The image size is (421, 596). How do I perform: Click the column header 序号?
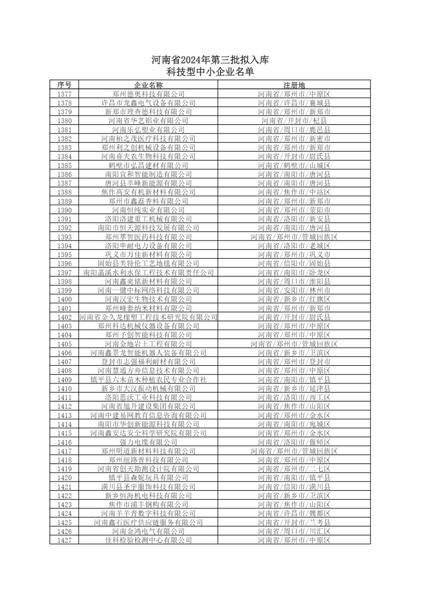[x=64, y=85]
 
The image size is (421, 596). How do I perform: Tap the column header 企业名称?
[x=148, y=85]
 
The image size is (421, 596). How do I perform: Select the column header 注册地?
[x=294, y=85]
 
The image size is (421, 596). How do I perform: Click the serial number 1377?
[x=64, y=94]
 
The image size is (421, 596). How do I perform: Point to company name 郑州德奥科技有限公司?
[x=148, y=94]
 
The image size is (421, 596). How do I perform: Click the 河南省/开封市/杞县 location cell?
[x=294, y=121]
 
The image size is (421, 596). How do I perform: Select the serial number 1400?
[x=64, y=299]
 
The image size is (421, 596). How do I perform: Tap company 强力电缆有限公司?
[x=148, y=442]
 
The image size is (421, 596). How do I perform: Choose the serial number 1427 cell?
[x=64, y=540]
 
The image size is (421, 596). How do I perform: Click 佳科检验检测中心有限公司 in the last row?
[x=148, y=540]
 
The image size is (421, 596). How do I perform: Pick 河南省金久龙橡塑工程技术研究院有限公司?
[x=148, y=317]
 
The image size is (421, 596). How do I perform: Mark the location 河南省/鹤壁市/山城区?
[x=294, y=165]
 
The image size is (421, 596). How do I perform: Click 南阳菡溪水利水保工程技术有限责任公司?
[x=148, y=273]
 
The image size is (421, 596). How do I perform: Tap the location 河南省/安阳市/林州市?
[x=294, y=290]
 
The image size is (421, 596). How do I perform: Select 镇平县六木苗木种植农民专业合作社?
[x=148, y=380]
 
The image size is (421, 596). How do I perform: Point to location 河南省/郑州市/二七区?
[x=294, y=469]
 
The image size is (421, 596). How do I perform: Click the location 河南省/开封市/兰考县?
[x=294, y=522]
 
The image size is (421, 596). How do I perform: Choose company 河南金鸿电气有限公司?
[x=148, y=531]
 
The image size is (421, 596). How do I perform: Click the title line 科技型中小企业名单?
[x=210, y=72]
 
